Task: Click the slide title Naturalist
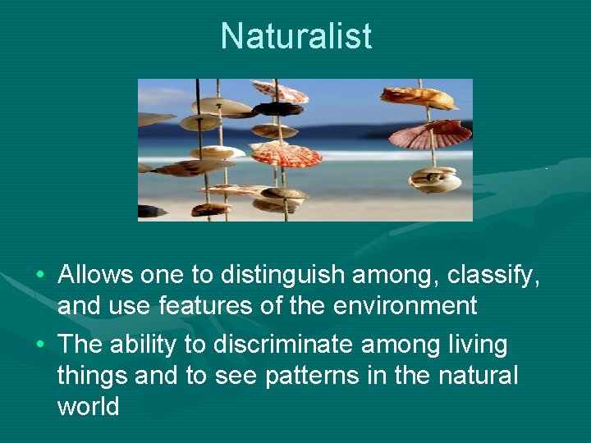click(295, 36)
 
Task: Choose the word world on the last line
click(88, 406)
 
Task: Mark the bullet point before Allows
click(40, 275)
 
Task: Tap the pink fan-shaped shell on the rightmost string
click(431, 133)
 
